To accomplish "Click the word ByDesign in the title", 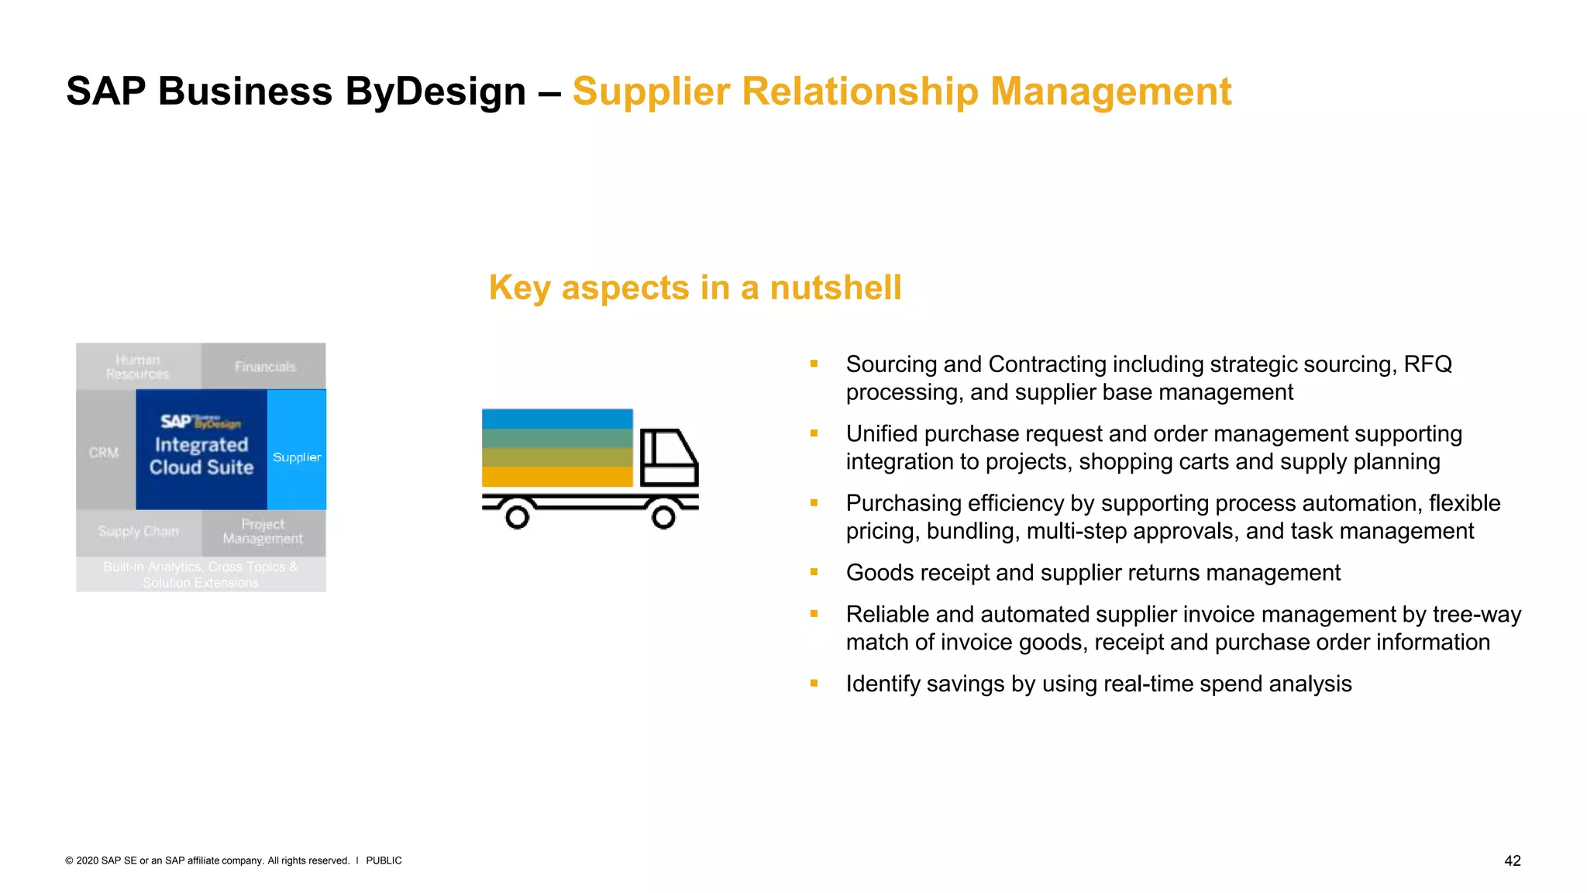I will point(435,91).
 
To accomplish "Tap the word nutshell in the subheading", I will point(835,288).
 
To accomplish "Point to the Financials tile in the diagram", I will point(264,367).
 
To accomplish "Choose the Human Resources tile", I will point(138,367).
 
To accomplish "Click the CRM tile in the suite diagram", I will point(105,452).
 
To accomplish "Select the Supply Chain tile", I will point(138,532).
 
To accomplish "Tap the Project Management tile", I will point(263,532).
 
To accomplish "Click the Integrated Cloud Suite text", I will point(201,456).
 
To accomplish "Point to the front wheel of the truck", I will point(663,516).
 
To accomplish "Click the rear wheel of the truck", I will point(517,516).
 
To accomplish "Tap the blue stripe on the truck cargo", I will point(557,419).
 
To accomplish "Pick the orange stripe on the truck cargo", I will point(557,477).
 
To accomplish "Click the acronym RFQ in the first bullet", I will point(1427,364).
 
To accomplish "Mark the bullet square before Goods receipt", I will point(814,572).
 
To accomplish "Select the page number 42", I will point(1512,860).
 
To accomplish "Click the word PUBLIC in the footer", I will point(384,860).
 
